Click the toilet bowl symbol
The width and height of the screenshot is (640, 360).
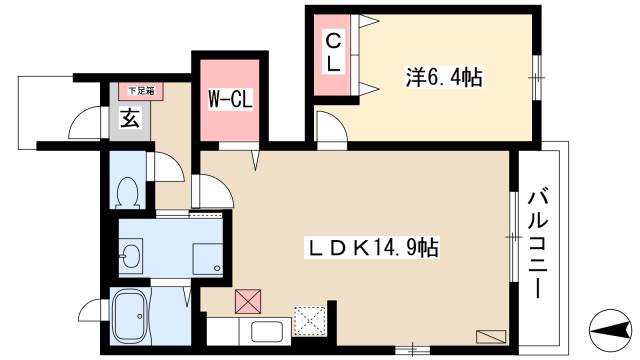[x=127, y=189]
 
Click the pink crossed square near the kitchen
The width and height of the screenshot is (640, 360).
[x=246, y=300]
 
